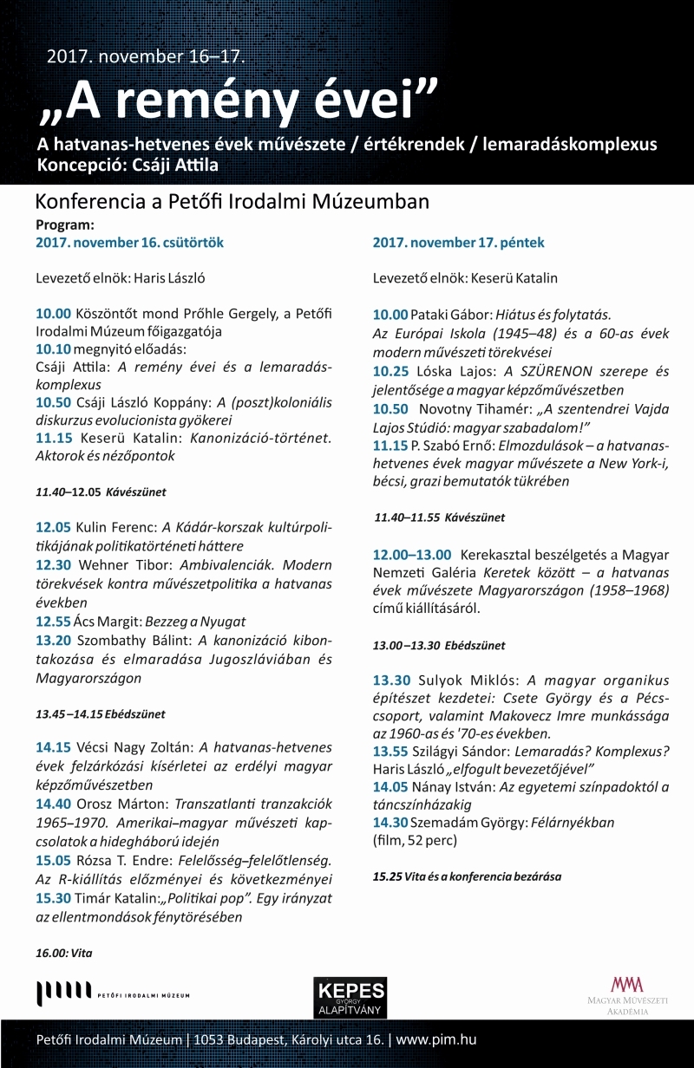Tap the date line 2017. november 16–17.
coord(147,57)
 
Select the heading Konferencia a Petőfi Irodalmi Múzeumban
coord(232,202)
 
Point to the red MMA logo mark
coord(627,984)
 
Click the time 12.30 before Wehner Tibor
coord(54,563)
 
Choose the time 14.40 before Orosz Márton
coord(54,804)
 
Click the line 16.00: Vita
coord(64,953)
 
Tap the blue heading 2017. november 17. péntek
coord(459,243)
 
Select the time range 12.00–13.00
coord(412,555)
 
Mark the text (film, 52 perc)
coord(415,840)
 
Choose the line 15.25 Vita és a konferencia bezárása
coord(467,876)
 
